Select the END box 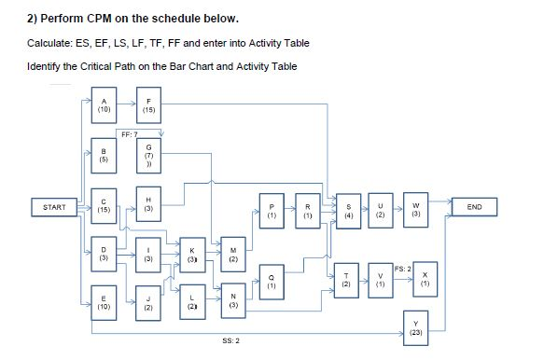(x=473, y=206)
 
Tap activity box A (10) (x=105, y=104)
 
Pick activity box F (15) (x=148, y=104)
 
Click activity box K (x=191, y=253)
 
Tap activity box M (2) (x=233, y=253)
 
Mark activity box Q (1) (x=271, y=279)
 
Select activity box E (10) (x=105, y=302)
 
